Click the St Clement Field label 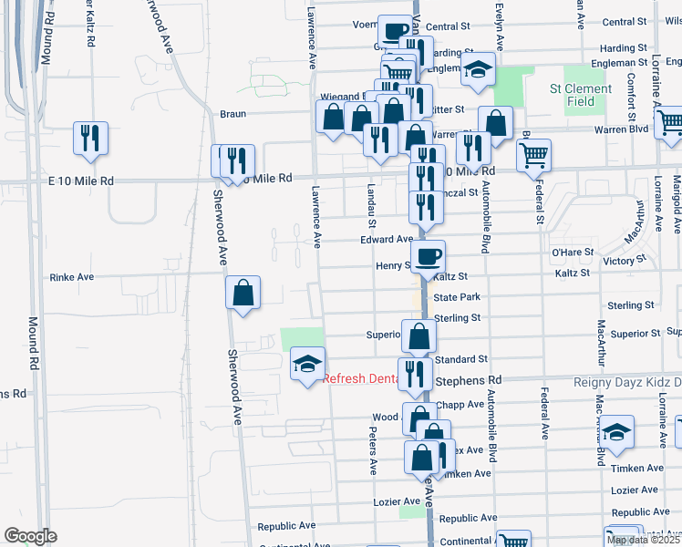click(x=580, y=95)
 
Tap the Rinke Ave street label click(x=72, y=276)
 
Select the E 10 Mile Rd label click(x=80, y=181)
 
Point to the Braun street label click(x=233, y=115)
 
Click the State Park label click(x=457, y=298)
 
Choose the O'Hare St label click(x=573, y=252)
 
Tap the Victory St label click(x=625, y=260)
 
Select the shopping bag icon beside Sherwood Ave click(x=243, y=293)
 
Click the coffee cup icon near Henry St click(x=428, y=256)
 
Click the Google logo click(x=30, y=535)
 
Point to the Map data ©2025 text click(x=643, y=540)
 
